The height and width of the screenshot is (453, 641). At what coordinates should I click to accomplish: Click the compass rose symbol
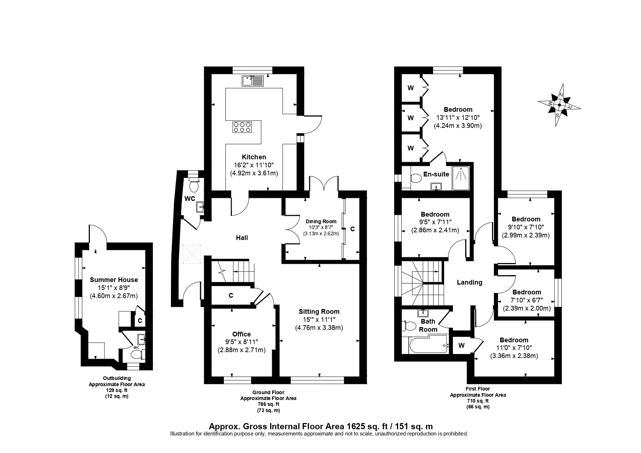559,106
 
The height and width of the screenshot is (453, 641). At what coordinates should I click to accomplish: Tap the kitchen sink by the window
253,81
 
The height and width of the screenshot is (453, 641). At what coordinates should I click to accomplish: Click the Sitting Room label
319,312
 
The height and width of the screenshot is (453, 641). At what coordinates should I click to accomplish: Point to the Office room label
241,334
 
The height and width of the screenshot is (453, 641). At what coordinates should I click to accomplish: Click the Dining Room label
321,221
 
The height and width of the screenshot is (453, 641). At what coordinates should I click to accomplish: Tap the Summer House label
114,280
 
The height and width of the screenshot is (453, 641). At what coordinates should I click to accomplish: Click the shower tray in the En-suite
461,179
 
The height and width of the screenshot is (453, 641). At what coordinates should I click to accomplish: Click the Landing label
469,282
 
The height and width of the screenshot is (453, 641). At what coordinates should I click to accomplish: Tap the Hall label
242,238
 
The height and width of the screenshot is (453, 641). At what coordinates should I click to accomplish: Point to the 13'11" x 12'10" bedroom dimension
458,118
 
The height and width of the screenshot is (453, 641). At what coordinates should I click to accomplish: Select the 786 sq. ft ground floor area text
268,404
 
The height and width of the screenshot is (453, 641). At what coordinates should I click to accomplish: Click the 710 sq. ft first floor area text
478,401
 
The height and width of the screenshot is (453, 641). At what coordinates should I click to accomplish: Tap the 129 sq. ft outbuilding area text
117,390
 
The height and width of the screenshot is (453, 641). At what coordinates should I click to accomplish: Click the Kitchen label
254,157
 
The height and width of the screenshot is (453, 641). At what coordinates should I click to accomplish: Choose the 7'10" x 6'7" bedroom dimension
526,300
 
